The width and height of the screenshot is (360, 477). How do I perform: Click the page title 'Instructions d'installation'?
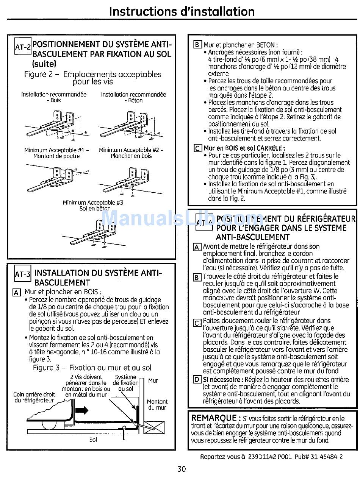[x=182, y=11]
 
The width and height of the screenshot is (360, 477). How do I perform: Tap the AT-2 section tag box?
[x=22, y=47]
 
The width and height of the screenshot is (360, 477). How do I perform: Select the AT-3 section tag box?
[x=22, y=274]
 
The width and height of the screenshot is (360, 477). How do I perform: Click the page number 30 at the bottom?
[x=182, y=469]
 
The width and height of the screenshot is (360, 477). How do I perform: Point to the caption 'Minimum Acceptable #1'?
[x=56, y=150]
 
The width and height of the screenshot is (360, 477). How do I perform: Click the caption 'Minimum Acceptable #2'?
[x=131, y=150]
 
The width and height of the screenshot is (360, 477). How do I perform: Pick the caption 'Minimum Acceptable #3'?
[x=95, y=203]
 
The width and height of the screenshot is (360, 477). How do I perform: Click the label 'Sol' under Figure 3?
[x=93, y=440]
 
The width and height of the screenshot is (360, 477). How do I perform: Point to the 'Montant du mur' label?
[x=157, y=404]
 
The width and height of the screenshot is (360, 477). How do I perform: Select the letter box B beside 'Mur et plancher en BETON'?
[x=197, y=45]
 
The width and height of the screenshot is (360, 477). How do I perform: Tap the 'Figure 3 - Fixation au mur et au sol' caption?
[x=92, y=368]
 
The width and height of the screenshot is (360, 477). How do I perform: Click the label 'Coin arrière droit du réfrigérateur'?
[x=34, y=397]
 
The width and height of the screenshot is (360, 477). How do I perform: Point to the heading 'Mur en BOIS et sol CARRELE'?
[x=244, y=148]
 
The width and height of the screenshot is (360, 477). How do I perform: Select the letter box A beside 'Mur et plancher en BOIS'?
[x=16, y=293]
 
